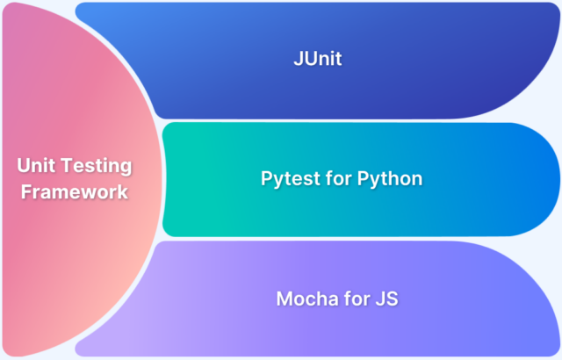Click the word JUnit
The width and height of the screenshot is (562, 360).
tap(317, 61)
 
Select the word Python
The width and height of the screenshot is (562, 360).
tap(391, 179)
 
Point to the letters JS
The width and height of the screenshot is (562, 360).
tap(386, 299)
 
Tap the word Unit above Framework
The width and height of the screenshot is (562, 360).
tap(35, 166)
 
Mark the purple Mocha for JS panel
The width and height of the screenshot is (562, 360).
tap(474, 299)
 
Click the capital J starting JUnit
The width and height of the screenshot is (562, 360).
tap(298, 61)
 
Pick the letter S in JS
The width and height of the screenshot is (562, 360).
tap(392, 299)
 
